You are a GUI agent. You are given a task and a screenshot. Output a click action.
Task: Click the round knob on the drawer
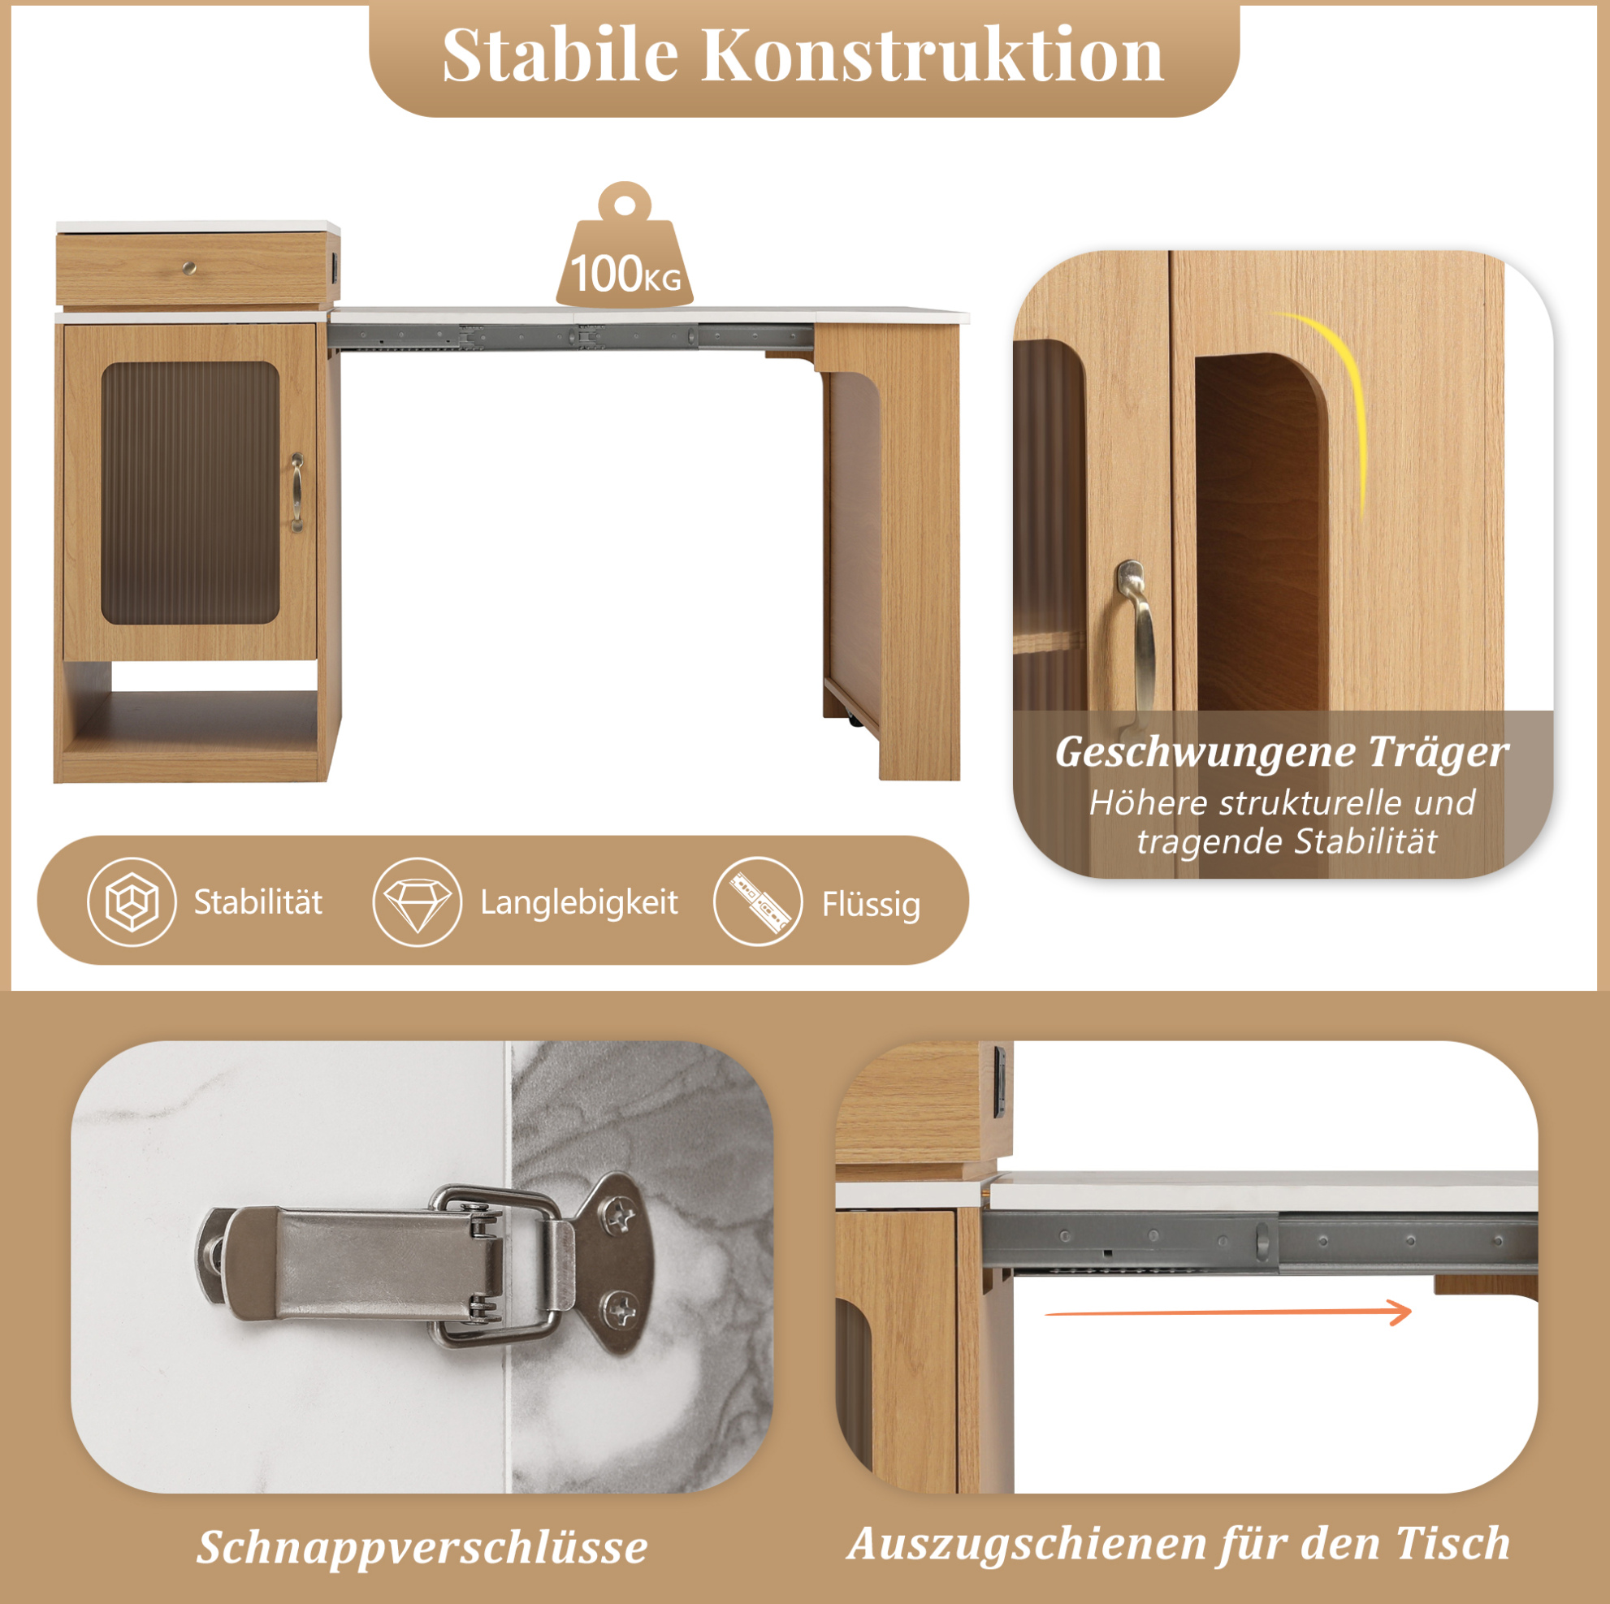pos(190,267)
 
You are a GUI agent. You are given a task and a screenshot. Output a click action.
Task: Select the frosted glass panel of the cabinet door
pos(190,492)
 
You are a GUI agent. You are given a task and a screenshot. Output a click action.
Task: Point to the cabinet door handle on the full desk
pos(297,492)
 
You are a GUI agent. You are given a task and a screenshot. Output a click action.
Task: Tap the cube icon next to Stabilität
pos(132,902)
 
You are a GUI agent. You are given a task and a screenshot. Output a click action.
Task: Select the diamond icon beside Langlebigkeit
pos(417,902)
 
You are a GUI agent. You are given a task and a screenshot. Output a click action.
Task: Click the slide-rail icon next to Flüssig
pos(759,902)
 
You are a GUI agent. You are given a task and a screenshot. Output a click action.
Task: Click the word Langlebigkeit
pos(579,903)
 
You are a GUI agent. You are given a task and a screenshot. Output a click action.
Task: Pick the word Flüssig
pos(872,905)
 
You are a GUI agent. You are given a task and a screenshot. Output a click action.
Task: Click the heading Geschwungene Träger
pos(1282,752)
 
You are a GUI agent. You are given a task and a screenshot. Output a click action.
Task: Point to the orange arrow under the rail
pos(1228,1312)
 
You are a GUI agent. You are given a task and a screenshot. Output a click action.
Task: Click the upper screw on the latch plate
pos(617,1217)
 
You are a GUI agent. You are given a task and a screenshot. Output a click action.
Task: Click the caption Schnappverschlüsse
pos(422,1547)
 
